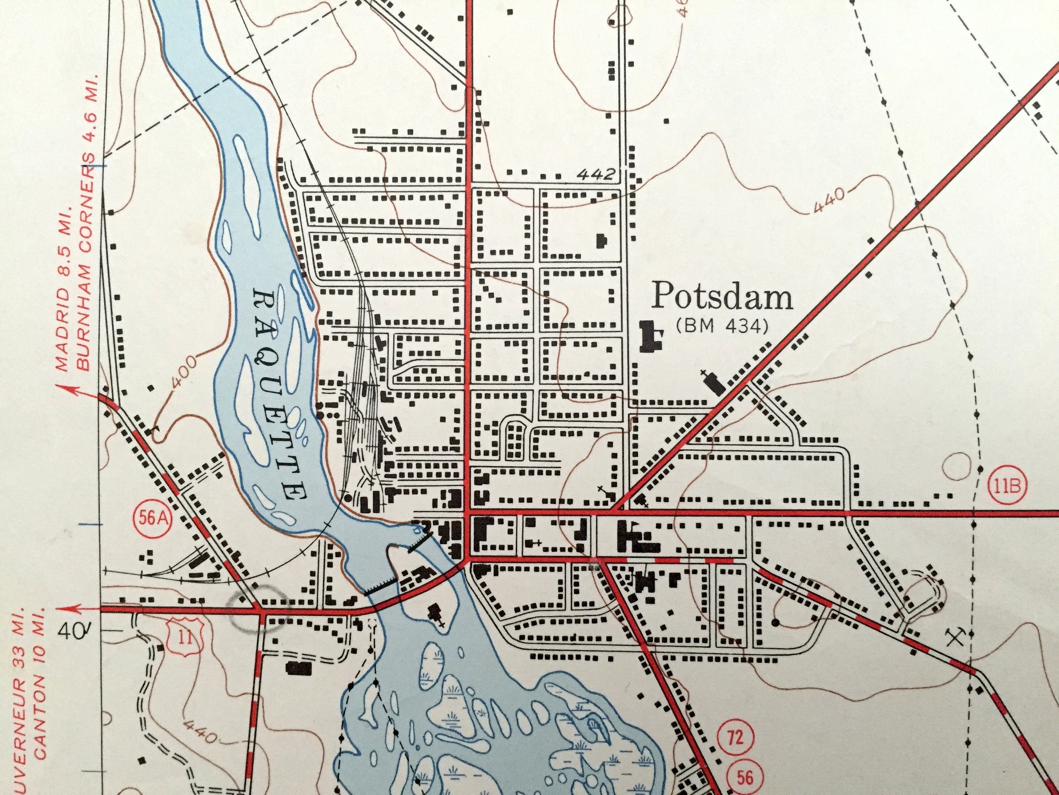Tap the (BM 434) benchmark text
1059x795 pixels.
tap(722, 327)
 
